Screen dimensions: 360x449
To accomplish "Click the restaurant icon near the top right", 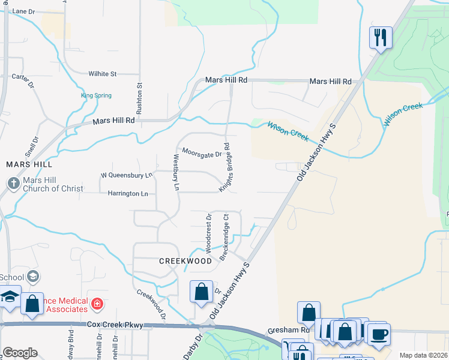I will (x=381, y=38).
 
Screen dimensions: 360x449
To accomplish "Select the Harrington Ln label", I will (x=127, y=194).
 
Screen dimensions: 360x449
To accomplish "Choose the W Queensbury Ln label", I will (x=126, y=175).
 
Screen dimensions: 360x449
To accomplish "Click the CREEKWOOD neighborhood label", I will (x=185, y=261).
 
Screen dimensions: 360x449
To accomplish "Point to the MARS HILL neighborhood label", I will (x=29, y=164).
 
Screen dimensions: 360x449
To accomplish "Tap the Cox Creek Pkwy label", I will (x=115, y=325).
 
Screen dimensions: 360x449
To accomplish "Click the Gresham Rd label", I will (x=297, y=330).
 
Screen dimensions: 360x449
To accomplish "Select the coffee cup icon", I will (x=378, y=333).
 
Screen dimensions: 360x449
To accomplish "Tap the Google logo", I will (x=20, y=353).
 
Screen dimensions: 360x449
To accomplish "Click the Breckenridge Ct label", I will (x=225, y=238).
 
